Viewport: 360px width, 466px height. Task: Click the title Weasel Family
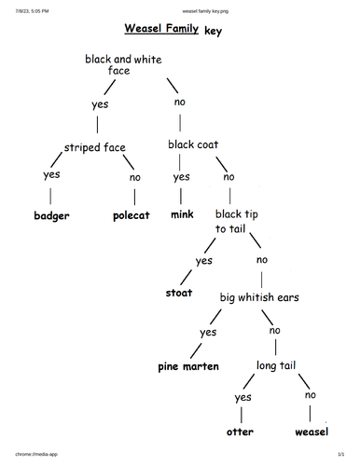coord(160,29)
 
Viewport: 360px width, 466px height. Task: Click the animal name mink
coord(182,214)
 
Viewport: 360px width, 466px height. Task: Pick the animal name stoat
coord(178,293)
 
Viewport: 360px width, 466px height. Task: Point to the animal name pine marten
coord(188,366)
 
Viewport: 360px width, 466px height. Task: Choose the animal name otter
coord(240,432)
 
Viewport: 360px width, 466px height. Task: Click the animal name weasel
coord(311,432)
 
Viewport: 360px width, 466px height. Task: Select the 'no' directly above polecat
coord(135,177)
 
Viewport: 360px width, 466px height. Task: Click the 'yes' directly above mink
coord(181,177)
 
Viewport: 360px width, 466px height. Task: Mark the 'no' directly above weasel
coord(310,395)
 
